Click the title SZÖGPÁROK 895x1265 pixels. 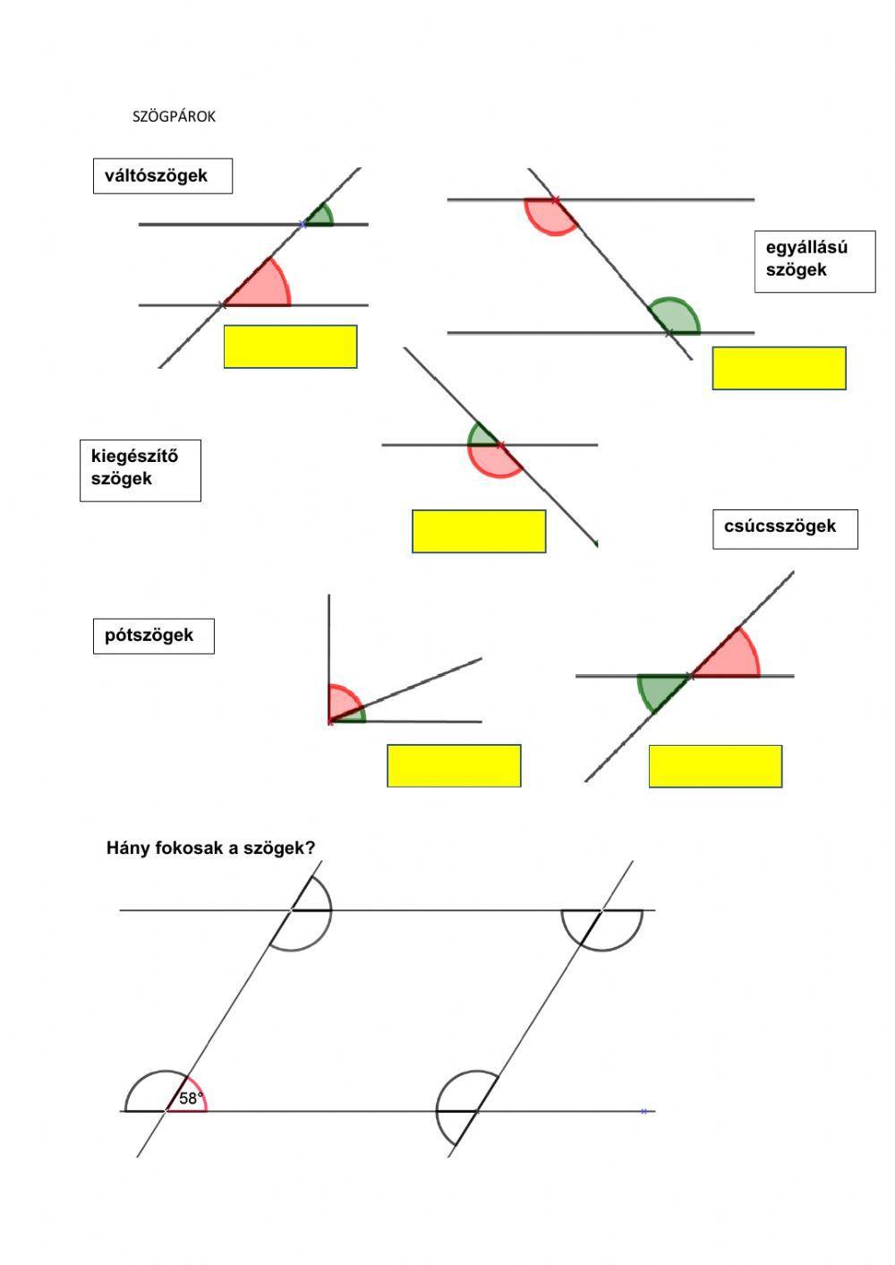174,116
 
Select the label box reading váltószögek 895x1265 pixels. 162,176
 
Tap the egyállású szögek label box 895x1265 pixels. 814,259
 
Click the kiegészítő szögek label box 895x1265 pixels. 140,469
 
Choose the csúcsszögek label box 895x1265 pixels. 784,528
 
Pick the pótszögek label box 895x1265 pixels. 153,636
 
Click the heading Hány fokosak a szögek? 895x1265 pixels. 210,848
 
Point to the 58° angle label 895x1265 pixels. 191,1098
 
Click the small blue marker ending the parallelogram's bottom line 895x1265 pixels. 644,1111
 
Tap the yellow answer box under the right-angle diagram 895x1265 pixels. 454,765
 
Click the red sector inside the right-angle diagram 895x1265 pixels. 341,700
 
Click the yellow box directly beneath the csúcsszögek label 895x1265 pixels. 715,766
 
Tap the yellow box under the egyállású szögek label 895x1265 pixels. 779,368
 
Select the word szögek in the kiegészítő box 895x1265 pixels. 121,479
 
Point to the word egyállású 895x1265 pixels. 806,247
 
